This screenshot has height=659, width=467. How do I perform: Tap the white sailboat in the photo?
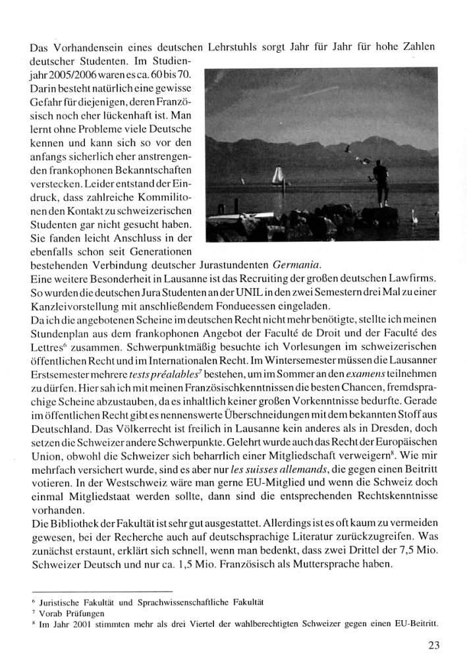click(277, 177)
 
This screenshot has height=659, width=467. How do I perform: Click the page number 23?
click(433, 645)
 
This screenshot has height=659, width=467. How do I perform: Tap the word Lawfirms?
click(414, 279)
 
